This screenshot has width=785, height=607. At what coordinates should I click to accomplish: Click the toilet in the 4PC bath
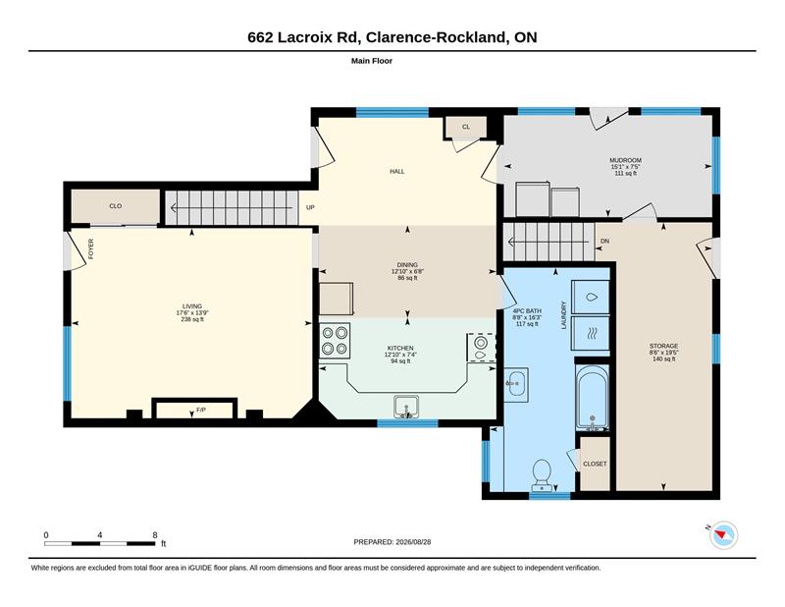click(542, 474)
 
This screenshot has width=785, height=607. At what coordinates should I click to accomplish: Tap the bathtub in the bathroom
click(593, 398)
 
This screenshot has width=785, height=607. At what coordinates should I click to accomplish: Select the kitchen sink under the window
click(406, 407)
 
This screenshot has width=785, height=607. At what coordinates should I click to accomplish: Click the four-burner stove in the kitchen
click(335, 341)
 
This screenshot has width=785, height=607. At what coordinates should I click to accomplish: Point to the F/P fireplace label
click(201, 410)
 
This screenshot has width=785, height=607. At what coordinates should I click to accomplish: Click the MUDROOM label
click(626, 160)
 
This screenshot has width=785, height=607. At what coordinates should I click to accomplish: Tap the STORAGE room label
click(664, 346)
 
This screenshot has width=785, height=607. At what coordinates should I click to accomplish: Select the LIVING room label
click(192, 306)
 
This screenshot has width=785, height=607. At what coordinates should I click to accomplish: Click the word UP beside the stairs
click(310, 207)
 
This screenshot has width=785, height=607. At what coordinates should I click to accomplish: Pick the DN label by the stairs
click(604, 241)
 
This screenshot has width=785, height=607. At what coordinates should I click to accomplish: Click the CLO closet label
click(116, 206)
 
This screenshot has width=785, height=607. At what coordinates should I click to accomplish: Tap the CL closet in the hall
click(466, 127)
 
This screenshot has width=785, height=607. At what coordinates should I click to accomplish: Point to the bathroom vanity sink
click(516, 385)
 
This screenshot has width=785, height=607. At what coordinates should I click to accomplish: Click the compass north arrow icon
click(723, 535)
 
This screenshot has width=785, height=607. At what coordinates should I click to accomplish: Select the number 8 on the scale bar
click(155, 535)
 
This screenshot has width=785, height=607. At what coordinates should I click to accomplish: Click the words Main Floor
click(372, 61)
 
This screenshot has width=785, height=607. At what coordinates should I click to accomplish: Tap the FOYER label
click(91, 248)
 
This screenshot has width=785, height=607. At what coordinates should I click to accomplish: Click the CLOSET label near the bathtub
click(595, 465)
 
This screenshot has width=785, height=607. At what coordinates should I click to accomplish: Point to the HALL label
click(397, 172)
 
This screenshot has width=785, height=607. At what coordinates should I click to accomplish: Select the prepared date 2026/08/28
click(413, 542)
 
